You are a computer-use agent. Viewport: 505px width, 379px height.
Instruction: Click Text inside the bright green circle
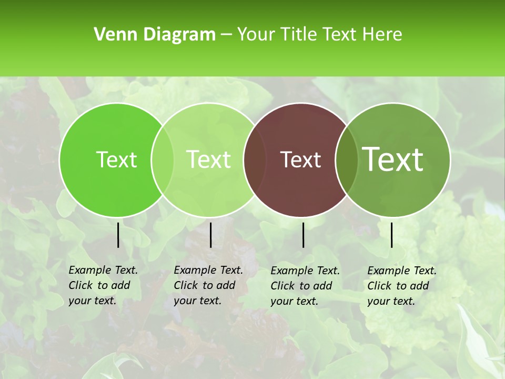[116, 159]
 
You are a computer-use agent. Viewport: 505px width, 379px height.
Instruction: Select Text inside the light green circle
[209, 159]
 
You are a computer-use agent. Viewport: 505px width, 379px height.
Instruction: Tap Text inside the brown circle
[301, 159]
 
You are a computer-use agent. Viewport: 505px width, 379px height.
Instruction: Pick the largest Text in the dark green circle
[393, 159]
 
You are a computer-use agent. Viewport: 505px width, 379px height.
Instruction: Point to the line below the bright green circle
[118, 235]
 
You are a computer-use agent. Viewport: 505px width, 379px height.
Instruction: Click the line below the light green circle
[210, 235]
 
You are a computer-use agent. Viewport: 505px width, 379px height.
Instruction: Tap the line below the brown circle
[304, 235]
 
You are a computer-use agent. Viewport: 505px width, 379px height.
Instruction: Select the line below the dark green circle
[392, 235]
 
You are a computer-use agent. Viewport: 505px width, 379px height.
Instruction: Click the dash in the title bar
[226, 35]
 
